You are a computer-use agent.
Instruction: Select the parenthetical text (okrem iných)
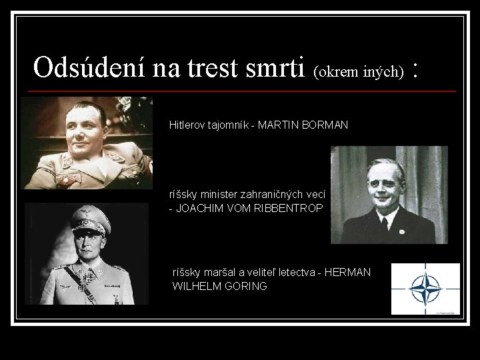coord(359,71)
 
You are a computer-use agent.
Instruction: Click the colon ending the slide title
coord(417,69)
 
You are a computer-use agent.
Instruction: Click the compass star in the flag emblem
coord(425,289)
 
